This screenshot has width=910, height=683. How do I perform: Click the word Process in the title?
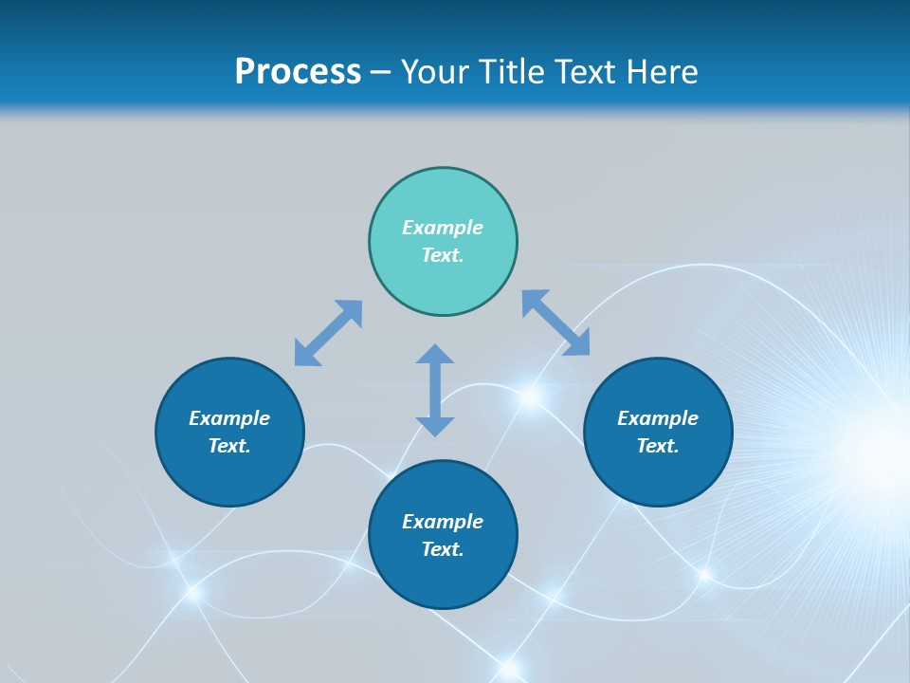coord(298,71)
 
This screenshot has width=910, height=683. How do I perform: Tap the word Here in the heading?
coord(664,71)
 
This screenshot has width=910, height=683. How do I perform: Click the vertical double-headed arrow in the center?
coord(435,390)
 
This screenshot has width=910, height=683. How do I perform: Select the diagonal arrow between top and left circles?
coord(328,333)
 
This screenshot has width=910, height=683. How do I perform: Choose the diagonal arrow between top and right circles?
coord(556,323)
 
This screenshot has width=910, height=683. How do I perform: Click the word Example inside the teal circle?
coord(443,228)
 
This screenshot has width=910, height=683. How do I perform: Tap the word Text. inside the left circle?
coord(229,446)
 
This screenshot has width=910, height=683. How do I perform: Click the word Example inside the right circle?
coord(658,418)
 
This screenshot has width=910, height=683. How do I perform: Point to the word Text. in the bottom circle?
coord(443,549)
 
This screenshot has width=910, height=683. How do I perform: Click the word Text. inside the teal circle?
coord(443,255)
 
